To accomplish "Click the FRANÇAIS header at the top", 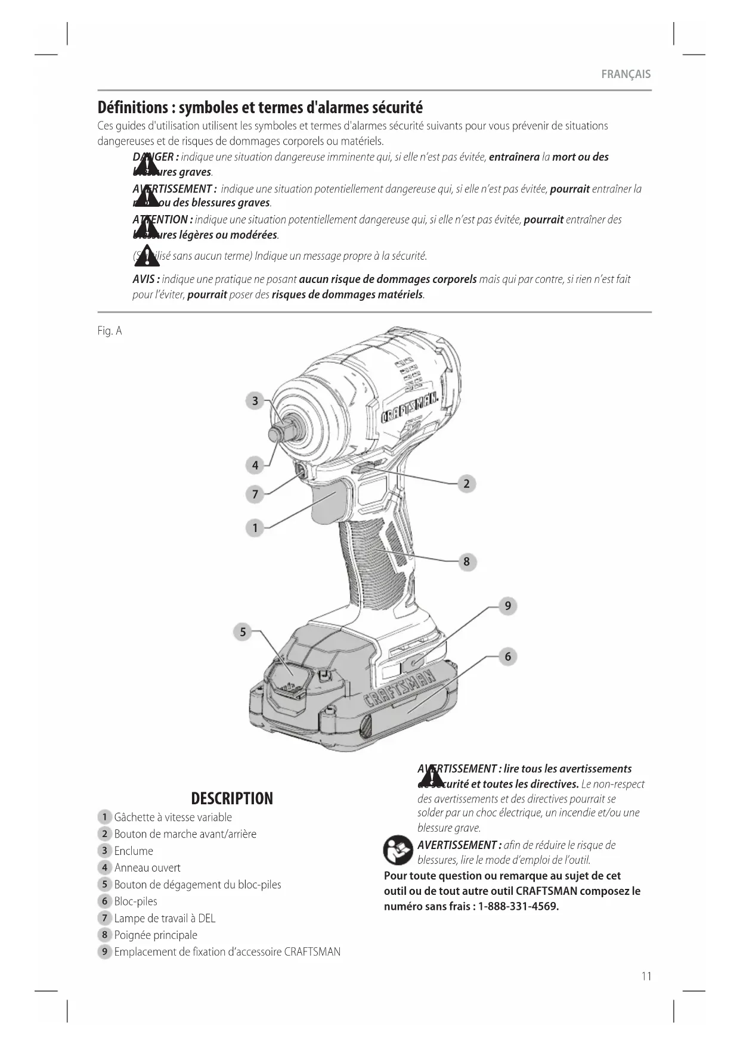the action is pos(626,74).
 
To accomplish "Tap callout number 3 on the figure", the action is pos(255,401).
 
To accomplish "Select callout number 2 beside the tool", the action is pos(466,484).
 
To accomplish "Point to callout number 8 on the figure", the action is pos(466,561).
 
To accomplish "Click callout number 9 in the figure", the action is pos(507,606).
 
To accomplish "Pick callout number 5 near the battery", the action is pos(243,632).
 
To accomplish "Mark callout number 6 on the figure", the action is pos(507,657).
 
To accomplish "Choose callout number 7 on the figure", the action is pos(255,494).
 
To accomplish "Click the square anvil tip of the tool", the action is pos(276,433).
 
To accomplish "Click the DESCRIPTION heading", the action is pos(232,798).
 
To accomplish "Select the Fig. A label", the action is pos(110,331).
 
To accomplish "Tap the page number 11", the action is pos(646,976).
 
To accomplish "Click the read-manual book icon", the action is pos(398,851).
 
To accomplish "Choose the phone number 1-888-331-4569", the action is pos(518,907).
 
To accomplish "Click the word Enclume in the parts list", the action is pos(134,851).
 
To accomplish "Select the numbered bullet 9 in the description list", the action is pos(104,951).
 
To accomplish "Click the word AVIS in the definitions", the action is pos(144,279).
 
